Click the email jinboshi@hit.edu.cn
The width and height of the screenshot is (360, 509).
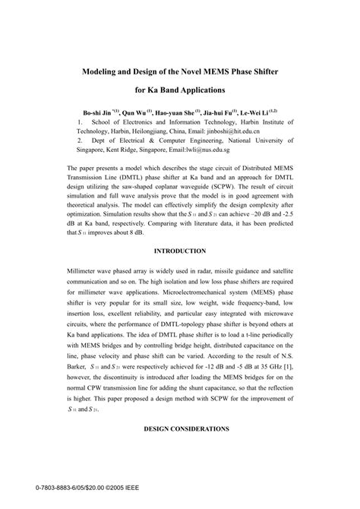(228, 130)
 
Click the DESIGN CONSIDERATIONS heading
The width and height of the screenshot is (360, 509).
(180, 430)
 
